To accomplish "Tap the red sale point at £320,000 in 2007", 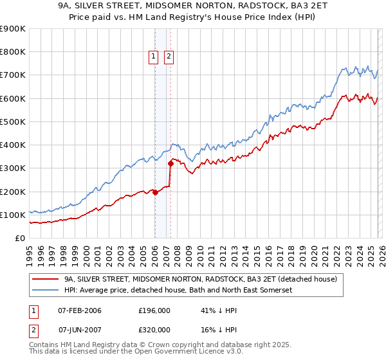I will click(170, 163).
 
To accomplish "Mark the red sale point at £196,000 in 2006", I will click(155, 192).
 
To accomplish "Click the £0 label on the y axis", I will click(19, 238).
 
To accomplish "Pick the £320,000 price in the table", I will click(154, 329).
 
